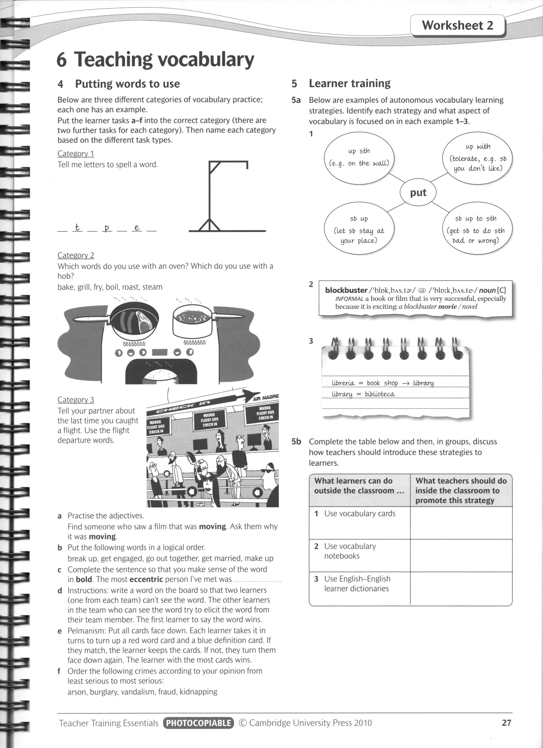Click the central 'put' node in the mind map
coord(418,192)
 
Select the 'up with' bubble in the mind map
coord(478,157)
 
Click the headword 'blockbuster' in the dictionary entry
coord(346,290)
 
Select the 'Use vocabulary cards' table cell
coord(360,513)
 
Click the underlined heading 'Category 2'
coord(76,255)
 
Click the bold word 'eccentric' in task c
coord(146,579)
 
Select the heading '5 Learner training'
coord(341,83)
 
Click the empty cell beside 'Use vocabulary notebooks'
coord(461,555)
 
